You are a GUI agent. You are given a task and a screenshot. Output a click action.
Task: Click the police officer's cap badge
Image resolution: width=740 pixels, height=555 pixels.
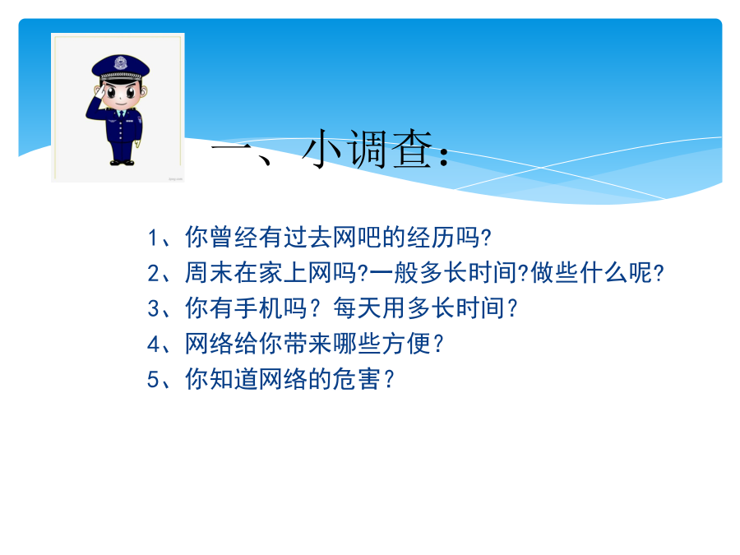coord(120,63)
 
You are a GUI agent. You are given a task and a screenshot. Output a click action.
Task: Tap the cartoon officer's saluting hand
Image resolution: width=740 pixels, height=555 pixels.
coord(99,90)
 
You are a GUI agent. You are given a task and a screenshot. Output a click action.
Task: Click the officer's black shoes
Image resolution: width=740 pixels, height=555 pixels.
coord(122,162)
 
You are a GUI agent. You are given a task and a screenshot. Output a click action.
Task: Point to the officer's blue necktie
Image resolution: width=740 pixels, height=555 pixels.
coord(121,114)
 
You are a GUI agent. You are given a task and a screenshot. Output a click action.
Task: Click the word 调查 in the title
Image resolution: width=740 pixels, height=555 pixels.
coord(390,150)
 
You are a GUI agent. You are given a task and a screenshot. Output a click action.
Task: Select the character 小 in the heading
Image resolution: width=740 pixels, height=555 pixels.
coord(322,150)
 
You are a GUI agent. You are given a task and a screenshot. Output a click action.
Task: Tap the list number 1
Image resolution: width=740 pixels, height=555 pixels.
coord(152,238)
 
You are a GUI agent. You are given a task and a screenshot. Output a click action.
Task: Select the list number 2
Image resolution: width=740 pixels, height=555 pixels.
coord(154,274)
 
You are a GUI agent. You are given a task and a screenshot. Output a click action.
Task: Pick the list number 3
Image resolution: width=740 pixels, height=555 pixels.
coord(154,309)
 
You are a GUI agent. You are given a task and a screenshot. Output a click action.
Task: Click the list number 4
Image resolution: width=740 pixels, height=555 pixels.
coord(154,345)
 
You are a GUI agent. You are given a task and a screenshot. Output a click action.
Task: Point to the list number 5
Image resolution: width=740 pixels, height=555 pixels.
coord(154,380)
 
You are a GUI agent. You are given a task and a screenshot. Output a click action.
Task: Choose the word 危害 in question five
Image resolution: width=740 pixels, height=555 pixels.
coord(356,379)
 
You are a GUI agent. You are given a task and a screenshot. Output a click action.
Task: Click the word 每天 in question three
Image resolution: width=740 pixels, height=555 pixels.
coord(358,308)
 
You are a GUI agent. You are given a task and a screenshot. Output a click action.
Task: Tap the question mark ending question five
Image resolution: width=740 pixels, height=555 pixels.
coord(390,379)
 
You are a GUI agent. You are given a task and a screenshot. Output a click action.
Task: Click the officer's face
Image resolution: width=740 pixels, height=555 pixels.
coord(121,95)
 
